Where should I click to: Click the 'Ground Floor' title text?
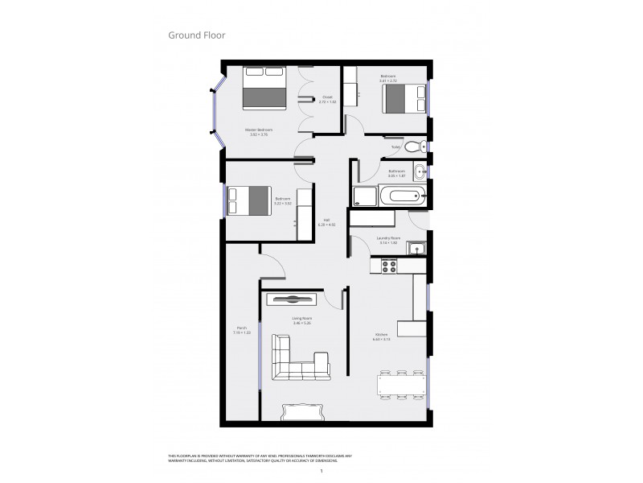pos(196,35)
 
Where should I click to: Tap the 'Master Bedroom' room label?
pos(259,130)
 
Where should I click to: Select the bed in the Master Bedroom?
pos(264,88)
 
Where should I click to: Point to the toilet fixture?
pos(414,147)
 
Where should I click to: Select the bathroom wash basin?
pos(420,171)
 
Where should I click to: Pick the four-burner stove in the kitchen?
pos(391,266)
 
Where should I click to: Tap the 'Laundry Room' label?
pos(389,238)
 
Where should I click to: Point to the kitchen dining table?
pos(399,386)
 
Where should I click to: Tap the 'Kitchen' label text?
pos(381,336)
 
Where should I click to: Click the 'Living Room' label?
pos(302,319)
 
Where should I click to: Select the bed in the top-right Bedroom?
pos(403,100)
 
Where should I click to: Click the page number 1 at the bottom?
pos(321,471)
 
